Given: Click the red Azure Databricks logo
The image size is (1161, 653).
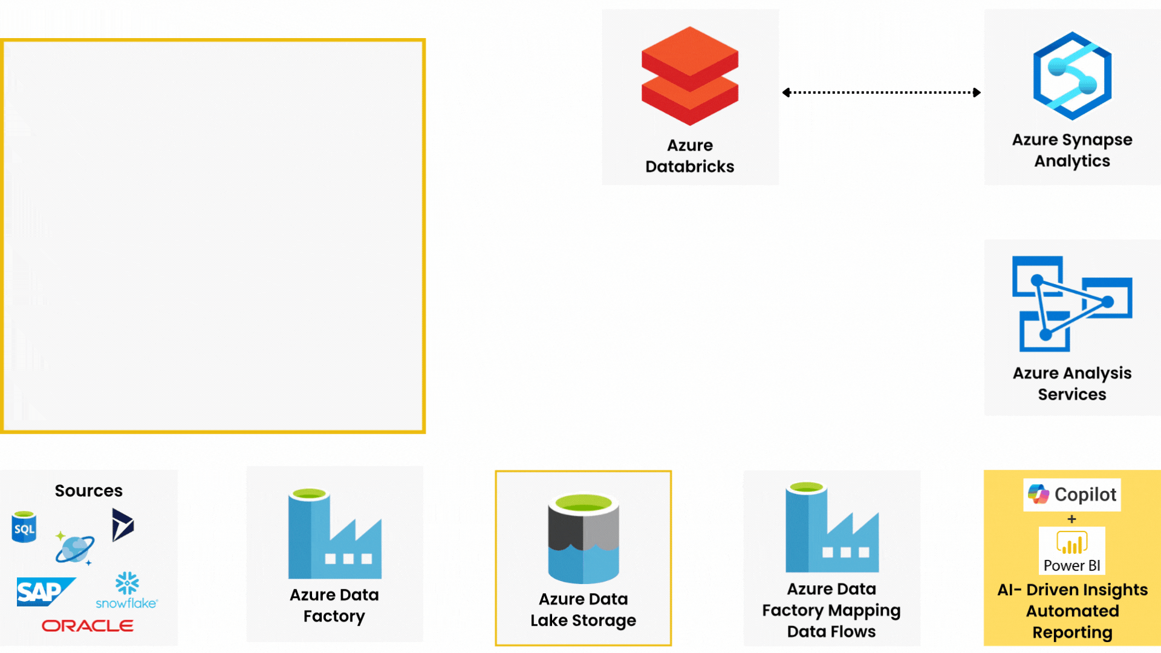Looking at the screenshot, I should (x=690, y=76).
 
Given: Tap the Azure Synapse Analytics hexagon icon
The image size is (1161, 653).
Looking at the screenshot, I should (x=1072, y=76).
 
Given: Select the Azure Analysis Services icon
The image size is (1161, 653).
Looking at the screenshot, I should (x=1072, y=304).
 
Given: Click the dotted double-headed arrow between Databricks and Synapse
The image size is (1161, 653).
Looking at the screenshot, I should (x=881, y=93).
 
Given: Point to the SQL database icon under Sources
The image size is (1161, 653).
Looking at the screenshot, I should (x=24, y=527).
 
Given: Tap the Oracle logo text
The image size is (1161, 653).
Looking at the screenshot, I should (x=88, y=626).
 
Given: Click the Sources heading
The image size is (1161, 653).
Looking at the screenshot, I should (x=88, y=490).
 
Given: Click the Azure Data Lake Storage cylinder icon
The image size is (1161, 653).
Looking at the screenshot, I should (x=584, y=538).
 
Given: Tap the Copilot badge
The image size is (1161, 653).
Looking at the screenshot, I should (x=1072, y=495).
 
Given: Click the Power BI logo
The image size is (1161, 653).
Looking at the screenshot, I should (x=1072, y=550).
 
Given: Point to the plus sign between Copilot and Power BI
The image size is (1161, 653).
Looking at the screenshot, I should (x=1072, y=519).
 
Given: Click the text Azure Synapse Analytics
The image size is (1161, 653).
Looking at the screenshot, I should (x=1072, y=150).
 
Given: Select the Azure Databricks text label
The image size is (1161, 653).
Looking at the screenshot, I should (x=690, y=156).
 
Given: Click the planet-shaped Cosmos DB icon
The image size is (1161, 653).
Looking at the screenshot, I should (x=75, y=549).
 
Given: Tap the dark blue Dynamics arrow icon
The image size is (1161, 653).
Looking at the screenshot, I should (x=122, y=525).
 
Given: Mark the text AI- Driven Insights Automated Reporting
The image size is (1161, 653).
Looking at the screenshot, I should (x=1072, y=611).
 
